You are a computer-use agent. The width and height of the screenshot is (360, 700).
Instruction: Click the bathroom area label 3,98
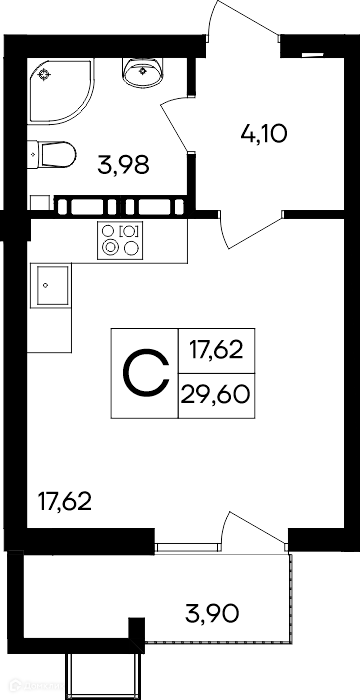point(123,165)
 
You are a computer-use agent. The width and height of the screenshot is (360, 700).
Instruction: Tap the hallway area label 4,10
point(263,133)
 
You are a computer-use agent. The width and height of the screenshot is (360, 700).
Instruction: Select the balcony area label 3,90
point(212,614)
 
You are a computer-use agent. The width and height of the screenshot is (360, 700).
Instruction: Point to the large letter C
point(146,374)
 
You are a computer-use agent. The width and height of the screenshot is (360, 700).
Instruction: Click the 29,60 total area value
point(215,396)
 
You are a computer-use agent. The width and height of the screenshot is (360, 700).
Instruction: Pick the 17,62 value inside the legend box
point(216,350)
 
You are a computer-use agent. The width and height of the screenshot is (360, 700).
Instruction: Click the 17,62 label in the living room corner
point(65,502)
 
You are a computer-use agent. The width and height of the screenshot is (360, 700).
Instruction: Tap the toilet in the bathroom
point(51,154)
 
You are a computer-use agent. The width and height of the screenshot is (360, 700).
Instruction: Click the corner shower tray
point(61,91)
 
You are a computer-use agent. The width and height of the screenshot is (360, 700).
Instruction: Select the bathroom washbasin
point(142,72)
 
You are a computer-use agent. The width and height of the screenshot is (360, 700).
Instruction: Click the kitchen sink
point(50,285)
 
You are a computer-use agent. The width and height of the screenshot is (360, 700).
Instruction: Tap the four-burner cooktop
point(120,240)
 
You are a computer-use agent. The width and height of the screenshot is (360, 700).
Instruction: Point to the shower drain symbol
point(44,75)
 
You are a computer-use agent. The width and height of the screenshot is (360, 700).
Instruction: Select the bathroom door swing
point(175,125)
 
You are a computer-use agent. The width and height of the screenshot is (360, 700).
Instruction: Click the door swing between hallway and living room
point(250,230)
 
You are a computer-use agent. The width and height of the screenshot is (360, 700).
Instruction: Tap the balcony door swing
point(255,529)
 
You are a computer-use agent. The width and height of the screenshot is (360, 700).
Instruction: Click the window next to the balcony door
point(188,547)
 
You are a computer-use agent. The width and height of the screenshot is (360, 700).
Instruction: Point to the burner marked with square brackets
point(130,231)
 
